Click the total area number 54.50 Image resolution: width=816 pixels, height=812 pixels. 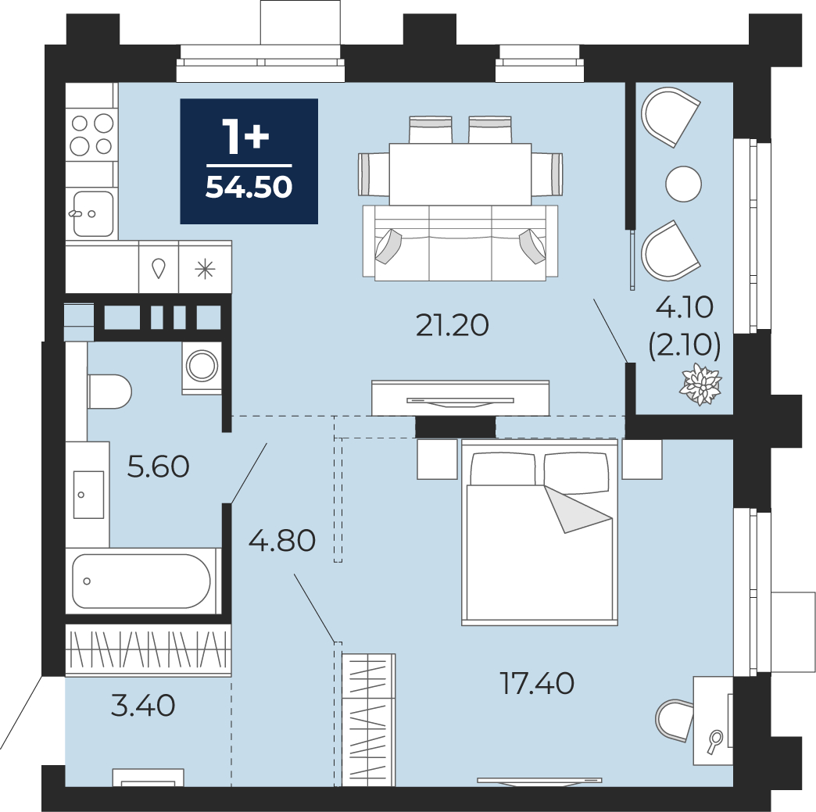coord(249,188)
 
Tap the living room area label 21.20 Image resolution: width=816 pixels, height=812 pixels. coord(453,325)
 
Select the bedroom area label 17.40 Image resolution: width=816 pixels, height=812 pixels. coord(536,683)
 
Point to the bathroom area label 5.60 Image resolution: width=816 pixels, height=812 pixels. coord(158,467)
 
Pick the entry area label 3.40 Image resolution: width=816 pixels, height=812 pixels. coord(143,706)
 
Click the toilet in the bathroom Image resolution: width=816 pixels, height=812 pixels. coord(109,392)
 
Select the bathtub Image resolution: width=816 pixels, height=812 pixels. coord(141,581)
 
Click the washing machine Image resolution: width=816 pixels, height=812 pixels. coord(202,366)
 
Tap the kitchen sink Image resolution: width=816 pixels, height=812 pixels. coord(93,213)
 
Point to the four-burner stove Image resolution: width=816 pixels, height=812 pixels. coord(91,134)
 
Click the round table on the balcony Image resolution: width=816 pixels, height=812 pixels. coord(684,184)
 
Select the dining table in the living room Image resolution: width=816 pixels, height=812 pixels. coord(460,173)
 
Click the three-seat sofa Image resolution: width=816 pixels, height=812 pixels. coord(460,243)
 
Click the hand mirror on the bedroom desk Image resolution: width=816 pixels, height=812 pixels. coord(715,741)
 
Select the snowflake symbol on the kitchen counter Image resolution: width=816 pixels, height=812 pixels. coord(205,269)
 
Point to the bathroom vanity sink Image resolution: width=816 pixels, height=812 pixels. coord(88,495)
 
